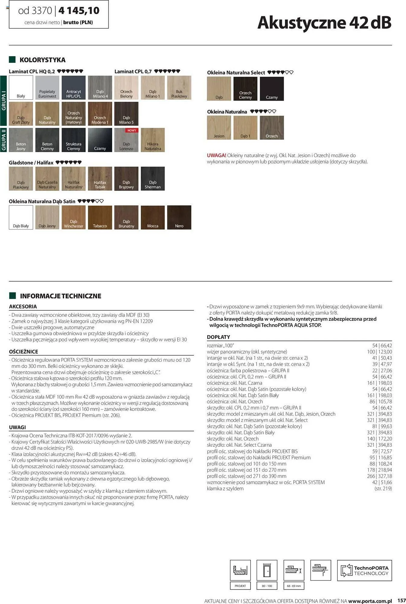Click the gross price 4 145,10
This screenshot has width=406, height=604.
point(79,11)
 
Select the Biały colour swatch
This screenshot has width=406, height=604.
point(21,88)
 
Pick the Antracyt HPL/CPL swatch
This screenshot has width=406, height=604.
point(74,88)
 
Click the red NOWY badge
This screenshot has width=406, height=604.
point(132,130)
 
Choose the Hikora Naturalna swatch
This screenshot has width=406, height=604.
point(153,140)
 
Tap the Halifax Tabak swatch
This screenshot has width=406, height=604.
point(100,178)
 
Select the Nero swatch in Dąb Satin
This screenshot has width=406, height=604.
point(179,217)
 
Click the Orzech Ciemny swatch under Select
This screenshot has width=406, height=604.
point(245,88)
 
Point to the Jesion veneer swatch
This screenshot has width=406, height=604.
point(219,127)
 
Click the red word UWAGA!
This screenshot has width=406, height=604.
point(216,156)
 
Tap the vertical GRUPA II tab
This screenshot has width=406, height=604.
point(4,140)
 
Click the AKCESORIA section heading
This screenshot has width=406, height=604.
point(23,307)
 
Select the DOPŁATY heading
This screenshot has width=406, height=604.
point(218,337)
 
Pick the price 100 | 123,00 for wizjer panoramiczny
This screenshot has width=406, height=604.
point(379,352)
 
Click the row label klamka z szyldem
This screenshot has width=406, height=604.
point(225,489)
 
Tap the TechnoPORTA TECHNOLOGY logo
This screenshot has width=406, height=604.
point(364,570)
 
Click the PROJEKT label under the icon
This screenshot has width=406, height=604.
point(240,586)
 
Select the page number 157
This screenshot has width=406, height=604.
point(401,600)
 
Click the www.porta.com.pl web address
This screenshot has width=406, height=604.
point(370,601)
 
